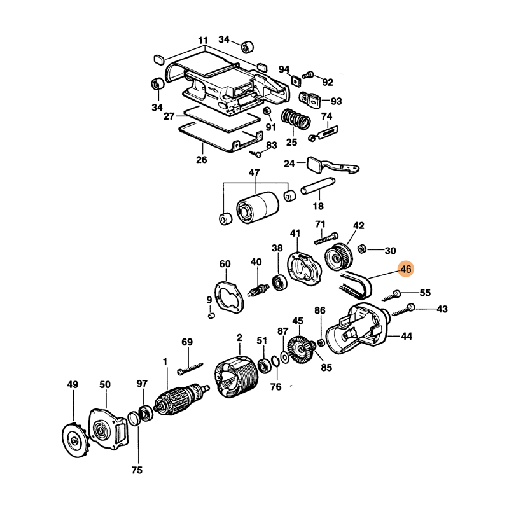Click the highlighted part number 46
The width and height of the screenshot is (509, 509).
(x=406, y=269)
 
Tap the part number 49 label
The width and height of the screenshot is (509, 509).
(x=73, y=384)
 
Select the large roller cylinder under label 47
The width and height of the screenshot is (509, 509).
(x=258, y=207)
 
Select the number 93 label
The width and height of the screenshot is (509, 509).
(x=336, y=101)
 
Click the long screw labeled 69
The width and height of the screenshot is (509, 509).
(x=190, y=368)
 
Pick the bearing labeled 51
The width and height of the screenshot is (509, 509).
(x=264, y=367)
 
